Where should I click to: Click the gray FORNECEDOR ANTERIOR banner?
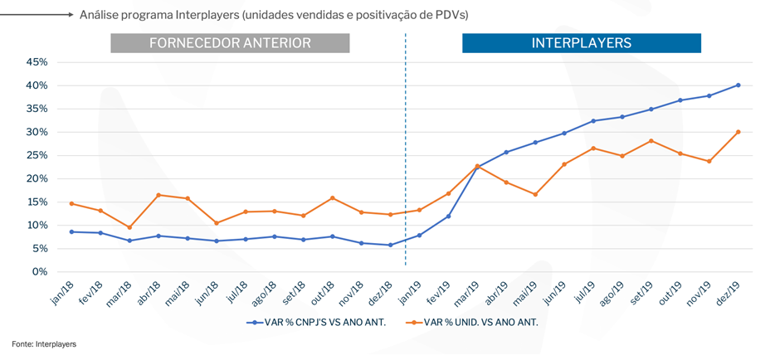230,43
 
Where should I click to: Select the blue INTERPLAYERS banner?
581,43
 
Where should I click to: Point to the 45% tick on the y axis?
37,62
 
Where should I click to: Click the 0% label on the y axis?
40,272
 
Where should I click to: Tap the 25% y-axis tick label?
37,155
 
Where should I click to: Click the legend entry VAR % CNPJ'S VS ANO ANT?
316,322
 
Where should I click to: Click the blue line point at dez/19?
738,85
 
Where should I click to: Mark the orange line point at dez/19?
738,132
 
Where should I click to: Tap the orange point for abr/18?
158,195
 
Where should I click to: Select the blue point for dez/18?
390,245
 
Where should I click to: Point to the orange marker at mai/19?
534,194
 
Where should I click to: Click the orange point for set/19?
651,141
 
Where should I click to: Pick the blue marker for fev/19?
448,216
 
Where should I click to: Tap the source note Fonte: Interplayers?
43,343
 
